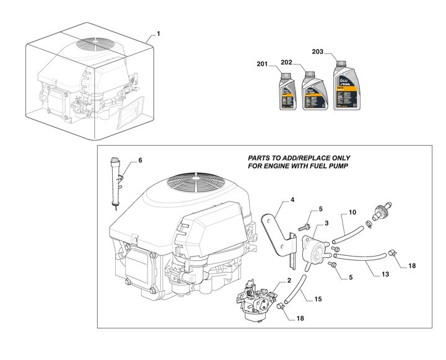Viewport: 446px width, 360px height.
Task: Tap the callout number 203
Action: (x=317, y=52)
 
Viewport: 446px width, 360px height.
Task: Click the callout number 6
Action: (x=140, y=161)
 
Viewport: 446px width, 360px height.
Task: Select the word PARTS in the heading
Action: (x=261, y=158)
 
